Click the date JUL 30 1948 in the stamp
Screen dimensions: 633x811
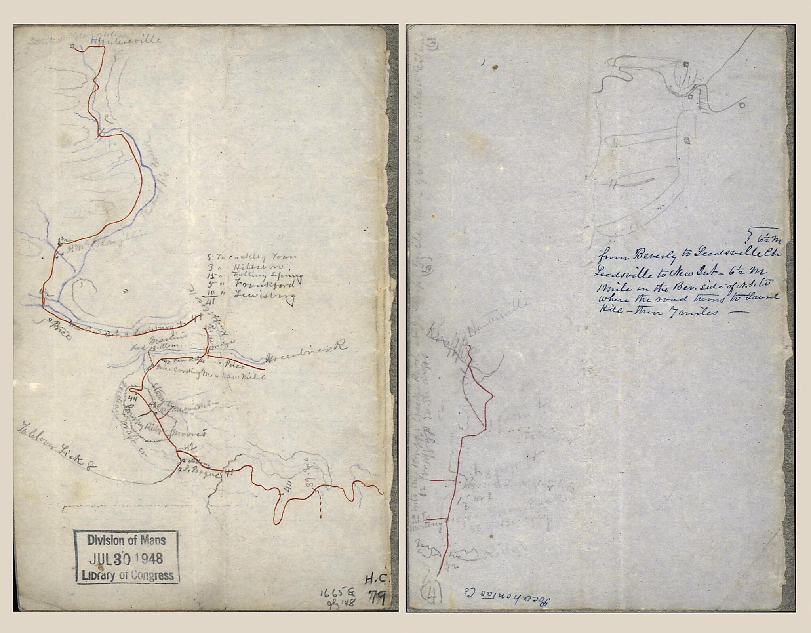[126, 559]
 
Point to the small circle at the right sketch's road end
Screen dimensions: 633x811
[742, 105]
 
